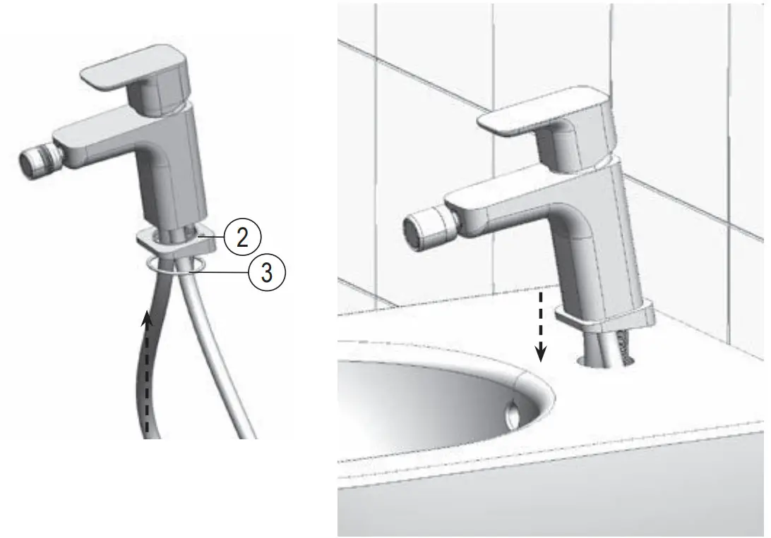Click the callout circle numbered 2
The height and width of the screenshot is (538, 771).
242,237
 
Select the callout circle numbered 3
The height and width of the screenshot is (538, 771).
266,271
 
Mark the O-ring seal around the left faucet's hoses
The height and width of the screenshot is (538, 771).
177,264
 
